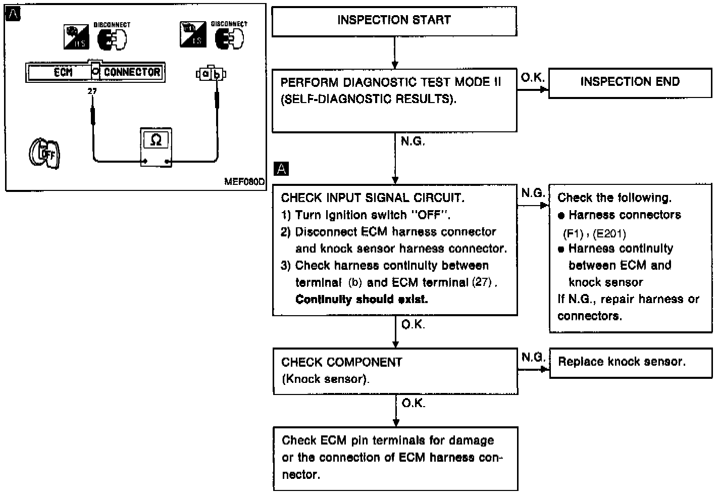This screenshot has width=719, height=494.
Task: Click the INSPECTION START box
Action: pos(394,21)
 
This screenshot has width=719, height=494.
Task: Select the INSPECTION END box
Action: pos(630,82)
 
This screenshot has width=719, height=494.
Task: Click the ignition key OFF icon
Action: pos(44,153)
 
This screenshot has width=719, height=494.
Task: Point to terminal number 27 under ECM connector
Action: pos(92,91)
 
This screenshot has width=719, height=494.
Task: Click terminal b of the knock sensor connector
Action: pos(217,74)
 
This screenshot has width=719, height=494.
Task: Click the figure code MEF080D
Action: pos(244,182)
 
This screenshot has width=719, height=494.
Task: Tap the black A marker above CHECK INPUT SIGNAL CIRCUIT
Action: pos(281,169)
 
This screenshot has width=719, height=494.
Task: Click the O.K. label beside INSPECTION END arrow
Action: pos(532,77)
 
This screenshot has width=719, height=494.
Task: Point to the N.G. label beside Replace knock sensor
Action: pos(533,358)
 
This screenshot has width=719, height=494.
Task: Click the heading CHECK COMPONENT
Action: pos(342,362)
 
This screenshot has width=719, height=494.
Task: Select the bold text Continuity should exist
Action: pos(362,299)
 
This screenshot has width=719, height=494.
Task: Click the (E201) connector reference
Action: pos(609,233)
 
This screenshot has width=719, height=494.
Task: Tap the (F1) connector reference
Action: pos(573,233)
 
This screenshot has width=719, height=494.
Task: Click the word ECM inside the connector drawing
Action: pos(63,72)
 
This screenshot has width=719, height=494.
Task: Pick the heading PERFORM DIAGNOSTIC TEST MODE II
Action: pos(390,82)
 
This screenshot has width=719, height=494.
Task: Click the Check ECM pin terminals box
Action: pos(395,458)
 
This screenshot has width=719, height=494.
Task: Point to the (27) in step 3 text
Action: pos(482,282)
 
